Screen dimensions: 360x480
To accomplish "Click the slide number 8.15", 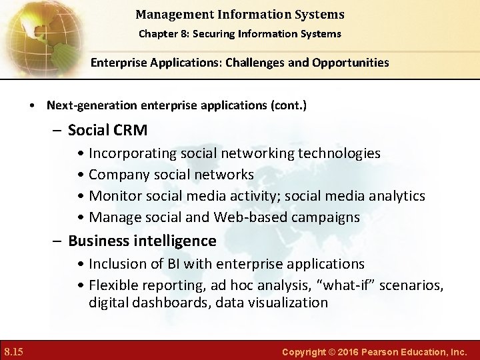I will (14, 351).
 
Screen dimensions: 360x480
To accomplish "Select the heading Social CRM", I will (107, 129).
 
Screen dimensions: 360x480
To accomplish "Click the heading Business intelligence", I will (142, 241).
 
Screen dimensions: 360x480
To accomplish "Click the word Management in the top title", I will (169, 14).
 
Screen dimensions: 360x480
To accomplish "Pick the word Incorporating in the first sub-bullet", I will (133, 153).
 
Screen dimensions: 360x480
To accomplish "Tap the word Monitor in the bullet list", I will (114, 196).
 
